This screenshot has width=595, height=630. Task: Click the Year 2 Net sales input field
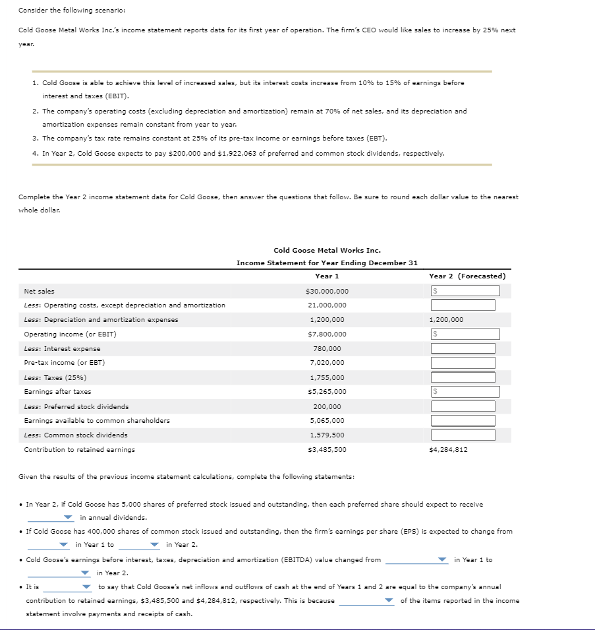(x=465, y=291)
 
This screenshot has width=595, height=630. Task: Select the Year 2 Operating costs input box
(x=463, y=305)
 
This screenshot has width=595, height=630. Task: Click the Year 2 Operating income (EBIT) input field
(x=465, y=334)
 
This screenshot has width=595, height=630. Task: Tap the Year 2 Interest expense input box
(x=463, y=348)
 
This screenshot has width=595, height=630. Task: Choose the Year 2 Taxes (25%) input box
(x=463, y=377)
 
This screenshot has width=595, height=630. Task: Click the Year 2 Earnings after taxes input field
(x=465, y=392)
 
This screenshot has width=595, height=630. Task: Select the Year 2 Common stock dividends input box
(x=463, y=435)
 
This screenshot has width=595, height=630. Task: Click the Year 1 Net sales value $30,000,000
(x=327, y=291)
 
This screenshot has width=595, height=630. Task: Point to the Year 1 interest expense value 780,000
(x=327, y=348)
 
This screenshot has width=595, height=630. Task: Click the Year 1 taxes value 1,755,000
(x=327, y=377)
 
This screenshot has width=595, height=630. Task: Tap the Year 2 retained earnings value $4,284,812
(x=448, y=449)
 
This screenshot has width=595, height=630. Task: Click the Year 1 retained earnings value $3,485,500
(x=327, y=449)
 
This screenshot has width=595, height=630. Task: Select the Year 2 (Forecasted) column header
(x=467, y=276)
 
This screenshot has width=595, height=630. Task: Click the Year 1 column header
(x=327, y=276)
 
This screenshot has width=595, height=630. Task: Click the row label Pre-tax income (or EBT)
(x=65, y=363)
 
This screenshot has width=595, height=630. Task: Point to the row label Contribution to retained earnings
(x=79, y=449)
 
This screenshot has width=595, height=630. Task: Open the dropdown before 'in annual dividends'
(x=50, y=518)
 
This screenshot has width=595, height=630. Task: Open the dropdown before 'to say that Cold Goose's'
(x=68, y=587)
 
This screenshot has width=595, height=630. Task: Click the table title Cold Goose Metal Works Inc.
(x=327, y=250)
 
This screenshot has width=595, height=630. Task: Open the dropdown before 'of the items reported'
(x=366, y=601)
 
